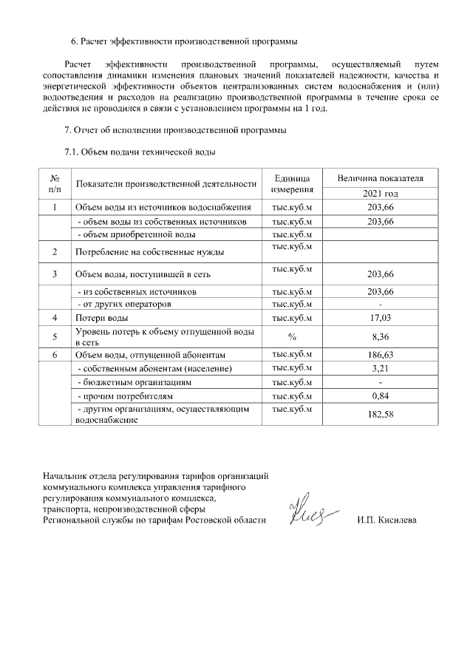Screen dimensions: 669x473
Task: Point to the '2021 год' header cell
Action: point(379,193)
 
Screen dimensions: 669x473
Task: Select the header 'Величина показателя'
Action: point(379,179)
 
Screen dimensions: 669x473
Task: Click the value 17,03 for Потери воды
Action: point(379,318)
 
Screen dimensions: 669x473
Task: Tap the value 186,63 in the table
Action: point(379,355)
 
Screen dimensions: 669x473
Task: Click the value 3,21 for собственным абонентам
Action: point(379,368)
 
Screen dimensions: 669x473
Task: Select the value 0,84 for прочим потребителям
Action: point(379,396)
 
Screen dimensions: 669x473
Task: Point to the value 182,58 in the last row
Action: point(379,415)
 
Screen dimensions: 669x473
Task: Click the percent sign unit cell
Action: point(292,336)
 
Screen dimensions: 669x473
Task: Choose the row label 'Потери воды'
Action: point(102,318)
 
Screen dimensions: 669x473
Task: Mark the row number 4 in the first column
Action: point(55,318)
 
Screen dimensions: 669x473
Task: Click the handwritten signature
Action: point(310,510)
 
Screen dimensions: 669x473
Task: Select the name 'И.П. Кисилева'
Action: point(386,520)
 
